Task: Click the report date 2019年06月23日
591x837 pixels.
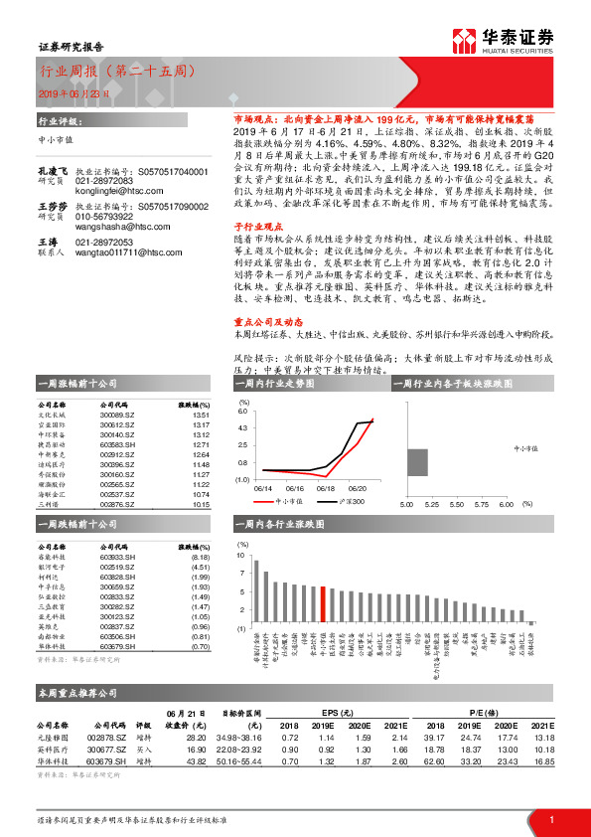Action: [72, 92]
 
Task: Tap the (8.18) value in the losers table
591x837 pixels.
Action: [199, 559]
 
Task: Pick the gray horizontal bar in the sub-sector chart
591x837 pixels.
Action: [417, 462]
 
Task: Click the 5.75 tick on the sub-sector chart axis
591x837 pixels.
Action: [480, 503]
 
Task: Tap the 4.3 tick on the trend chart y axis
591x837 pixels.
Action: [243, 427]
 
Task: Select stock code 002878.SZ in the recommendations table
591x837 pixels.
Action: [108, 738]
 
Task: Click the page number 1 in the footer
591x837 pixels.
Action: [550, 819]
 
